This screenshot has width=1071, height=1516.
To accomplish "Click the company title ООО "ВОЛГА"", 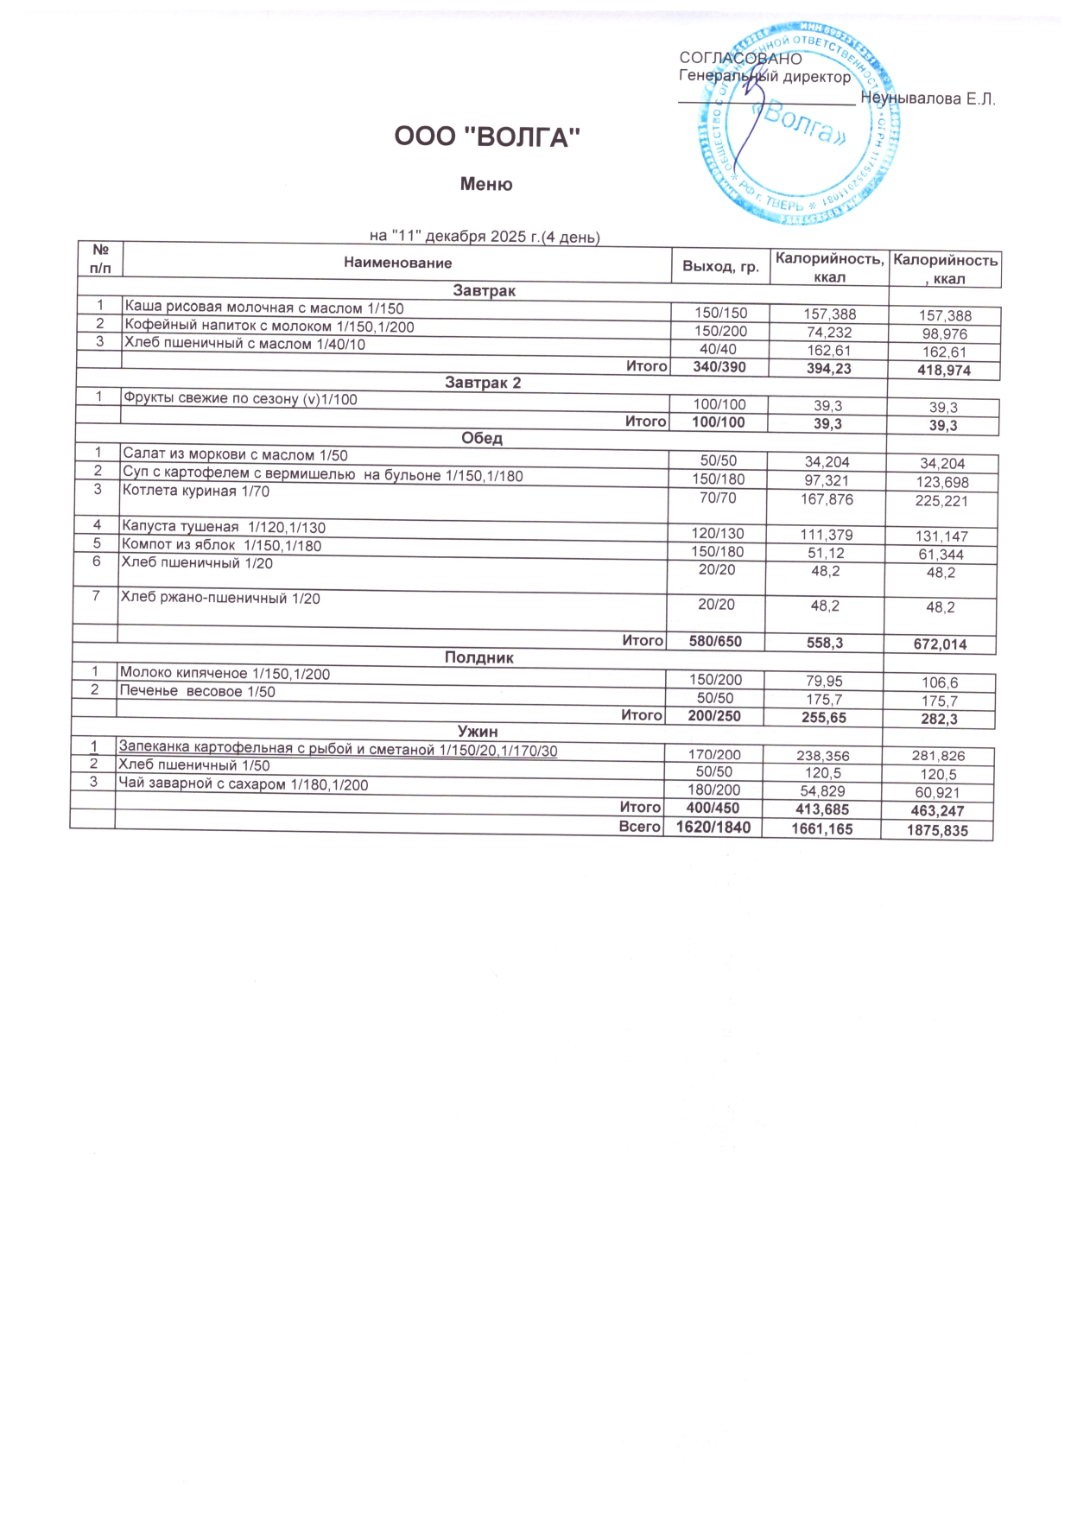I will point(486,137).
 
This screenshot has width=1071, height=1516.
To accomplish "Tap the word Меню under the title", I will point(486,184).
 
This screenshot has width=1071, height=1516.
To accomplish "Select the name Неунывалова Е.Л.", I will point(928,99).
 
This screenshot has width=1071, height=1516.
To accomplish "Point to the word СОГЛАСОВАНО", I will point(740,59).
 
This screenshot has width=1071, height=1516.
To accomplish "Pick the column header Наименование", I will point(397,263).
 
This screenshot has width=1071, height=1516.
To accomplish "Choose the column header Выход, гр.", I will point(720,267).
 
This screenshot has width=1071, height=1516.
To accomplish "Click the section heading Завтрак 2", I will point(483,383).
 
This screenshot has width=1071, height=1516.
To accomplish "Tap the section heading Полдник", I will point(479,657).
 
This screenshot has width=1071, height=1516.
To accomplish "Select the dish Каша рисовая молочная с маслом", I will point(263,308).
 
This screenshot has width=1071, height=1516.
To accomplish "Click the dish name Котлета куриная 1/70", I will point(196,492).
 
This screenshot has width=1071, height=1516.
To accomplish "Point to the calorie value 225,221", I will point(941,501).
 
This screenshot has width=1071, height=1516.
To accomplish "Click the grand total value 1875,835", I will point(937,831).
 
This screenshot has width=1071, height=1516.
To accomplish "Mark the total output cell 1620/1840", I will point(713,827).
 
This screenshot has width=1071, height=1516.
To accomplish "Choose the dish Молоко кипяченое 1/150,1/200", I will point(225,674).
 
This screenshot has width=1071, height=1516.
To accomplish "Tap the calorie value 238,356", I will point(823,755).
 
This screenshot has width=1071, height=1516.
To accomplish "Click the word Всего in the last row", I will point(640,827).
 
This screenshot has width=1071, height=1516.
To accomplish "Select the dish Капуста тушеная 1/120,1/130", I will point(224,527).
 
